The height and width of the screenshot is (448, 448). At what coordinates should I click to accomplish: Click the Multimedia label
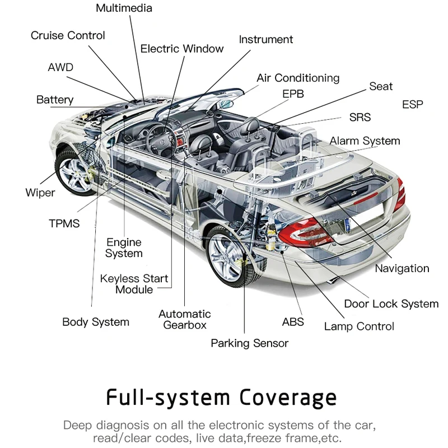(124, 8)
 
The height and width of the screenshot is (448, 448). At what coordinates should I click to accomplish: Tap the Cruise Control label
(68, 35)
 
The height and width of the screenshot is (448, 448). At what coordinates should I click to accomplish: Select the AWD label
(60, 67)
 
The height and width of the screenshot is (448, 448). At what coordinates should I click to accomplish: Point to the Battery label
(55, 100)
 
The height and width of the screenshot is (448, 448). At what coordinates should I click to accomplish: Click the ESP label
(412, 105)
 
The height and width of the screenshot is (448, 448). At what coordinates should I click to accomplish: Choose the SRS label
(360, 117)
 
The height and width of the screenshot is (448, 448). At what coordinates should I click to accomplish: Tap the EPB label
(293, 94)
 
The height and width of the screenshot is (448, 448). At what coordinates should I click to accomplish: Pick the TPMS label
(64, 223)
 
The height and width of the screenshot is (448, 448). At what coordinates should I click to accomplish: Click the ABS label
(293, 321)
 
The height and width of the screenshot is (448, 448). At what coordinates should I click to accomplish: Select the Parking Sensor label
(249, 343)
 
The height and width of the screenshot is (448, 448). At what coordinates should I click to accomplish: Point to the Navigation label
(402, 269)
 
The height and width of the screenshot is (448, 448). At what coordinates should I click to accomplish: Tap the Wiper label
(40, 193)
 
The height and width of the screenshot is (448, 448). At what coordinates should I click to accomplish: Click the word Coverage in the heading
(288, 398)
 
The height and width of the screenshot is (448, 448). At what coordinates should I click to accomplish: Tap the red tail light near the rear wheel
(304, 232)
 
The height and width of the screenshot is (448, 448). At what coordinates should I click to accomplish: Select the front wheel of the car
(75, 173)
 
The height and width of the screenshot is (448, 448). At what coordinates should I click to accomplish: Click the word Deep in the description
(77, 426)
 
